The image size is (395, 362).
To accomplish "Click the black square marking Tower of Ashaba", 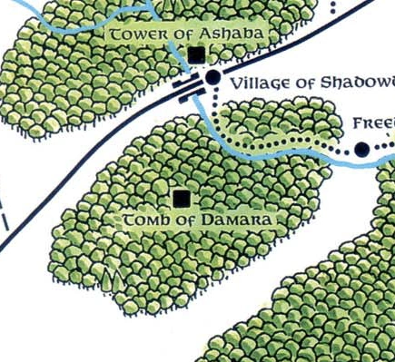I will coord(196,56).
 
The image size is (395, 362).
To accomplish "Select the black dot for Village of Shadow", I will coord(212,79).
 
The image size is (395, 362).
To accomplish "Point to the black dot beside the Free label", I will coord(361,149).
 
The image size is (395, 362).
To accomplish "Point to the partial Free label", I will coord(373,122).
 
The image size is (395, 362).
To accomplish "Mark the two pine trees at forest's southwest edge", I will coord(112,276).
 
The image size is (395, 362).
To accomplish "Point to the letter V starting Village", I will coord(237,83).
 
